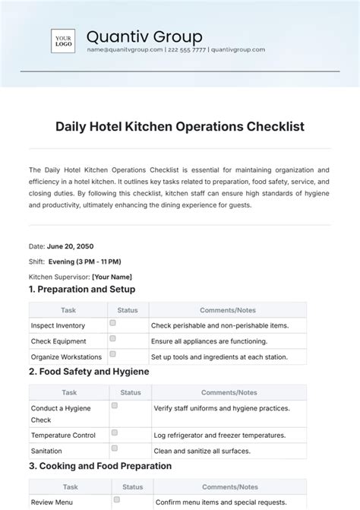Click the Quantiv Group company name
point(144,36)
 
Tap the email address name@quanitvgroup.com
point(125,49)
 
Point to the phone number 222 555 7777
point(186,49)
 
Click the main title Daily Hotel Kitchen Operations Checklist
point(180,125)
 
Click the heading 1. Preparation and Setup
point(81,290)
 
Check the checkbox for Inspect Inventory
point(112,323)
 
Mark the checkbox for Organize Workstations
point(112,354)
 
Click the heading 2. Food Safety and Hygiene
point(88,372)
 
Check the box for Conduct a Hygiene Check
point(115,406)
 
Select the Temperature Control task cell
point(63,436)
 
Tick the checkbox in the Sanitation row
point(115,448)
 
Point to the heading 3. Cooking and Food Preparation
point(99,466)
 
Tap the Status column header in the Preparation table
point(128,310)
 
